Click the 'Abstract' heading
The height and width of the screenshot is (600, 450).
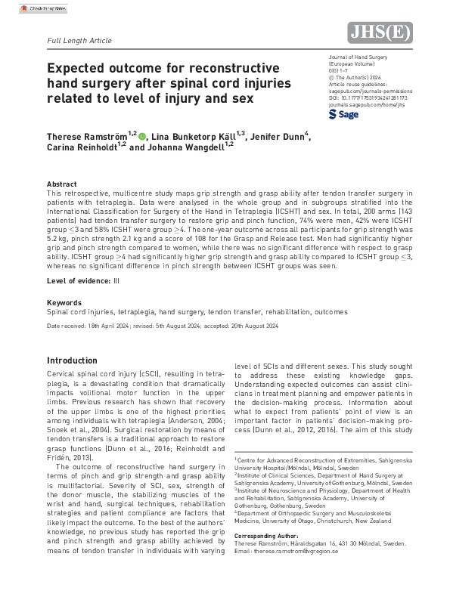pos(62,184)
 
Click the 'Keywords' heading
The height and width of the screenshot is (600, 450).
pos(64,302)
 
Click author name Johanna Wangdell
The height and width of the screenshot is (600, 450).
pos(188,148)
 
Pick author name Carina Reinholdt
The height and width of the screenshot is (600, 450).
pos(82,148)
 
